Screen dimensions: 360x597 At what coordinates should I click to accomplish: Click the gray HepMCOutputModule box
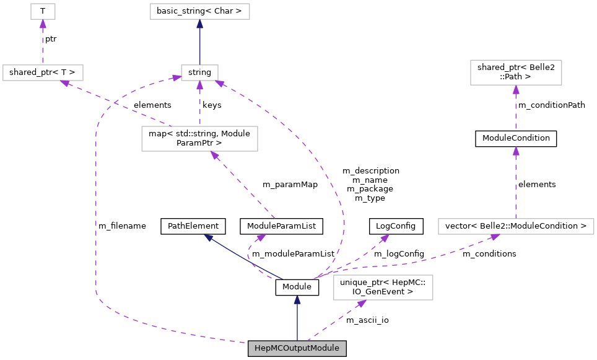pos(297,348)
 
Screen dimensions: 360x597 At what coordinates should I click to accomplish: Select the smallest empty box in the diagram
pos(43,11)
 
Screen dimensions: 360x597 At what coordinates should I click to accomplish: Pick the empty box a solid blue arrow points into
pos(199,11)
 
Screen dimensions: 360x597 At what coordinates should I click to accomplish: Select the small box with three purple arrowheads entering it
pos(199,72)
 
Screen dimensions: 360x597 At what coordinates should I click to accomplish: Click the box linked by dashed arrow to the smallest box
pos(43,72)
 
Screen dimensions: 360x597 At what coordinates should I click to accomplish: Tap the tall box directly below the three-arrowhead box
pos(199,139)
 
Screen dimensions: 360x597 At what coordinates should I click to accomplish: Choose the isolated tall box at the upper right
pos(516,72)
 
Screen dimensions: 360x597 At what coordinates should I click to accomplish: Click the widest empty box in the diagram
pos(516,226)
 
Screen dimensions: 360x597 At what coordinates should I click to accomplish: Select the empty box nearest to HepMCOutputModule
pos(383,288)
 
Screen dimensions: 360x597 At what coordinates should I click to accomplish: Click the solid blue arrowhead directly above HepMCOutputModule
pos(297,300)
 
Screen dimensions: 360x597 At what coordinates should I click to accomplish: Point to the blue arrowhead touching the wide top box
pos(199,24)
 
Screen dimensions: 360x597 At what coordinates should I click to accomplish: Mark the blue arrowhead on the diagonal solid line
pos(209,237)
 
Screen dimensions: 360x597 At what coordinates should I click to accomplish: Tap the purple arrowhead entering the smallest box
pos(43,24)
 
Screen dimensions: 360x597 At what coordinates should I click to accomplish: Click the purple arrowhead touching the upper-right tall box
pos(516,90)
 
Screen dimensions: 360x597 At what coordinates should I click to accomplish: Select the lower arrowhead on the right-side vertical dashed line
pos(516,151)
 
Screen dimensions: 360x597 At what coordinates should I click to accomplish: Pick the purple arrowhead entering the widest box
pos(495,237)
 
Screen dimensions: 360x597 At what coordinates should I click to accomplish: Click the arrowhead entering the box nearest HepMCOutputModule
pos(362,304)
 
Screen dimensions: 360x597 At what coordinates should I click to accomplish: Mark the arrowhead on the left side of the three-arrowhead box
pos(176,77)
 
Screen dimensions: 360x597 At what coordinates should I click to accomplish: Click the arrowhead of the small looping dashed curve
pos(261,237)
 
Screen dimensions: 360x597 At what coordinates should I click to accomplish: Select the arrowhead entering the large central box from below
pos(214,156)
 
